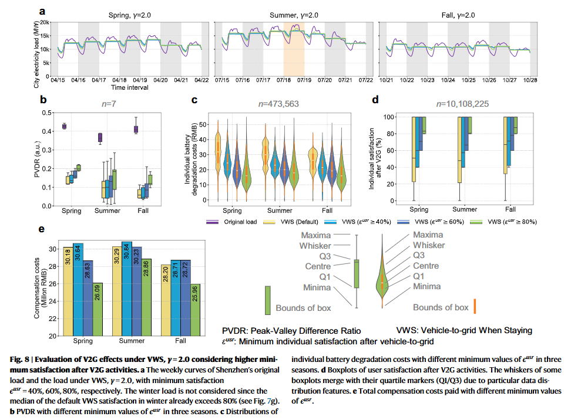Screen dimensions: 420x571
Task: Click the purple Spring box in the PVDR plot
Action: pos(65,126)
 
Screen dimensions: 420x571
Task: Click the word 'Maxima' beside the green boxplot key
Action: pos(316,235)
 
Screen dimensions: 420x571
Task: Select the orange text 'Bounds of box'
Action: pos(441,307)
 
